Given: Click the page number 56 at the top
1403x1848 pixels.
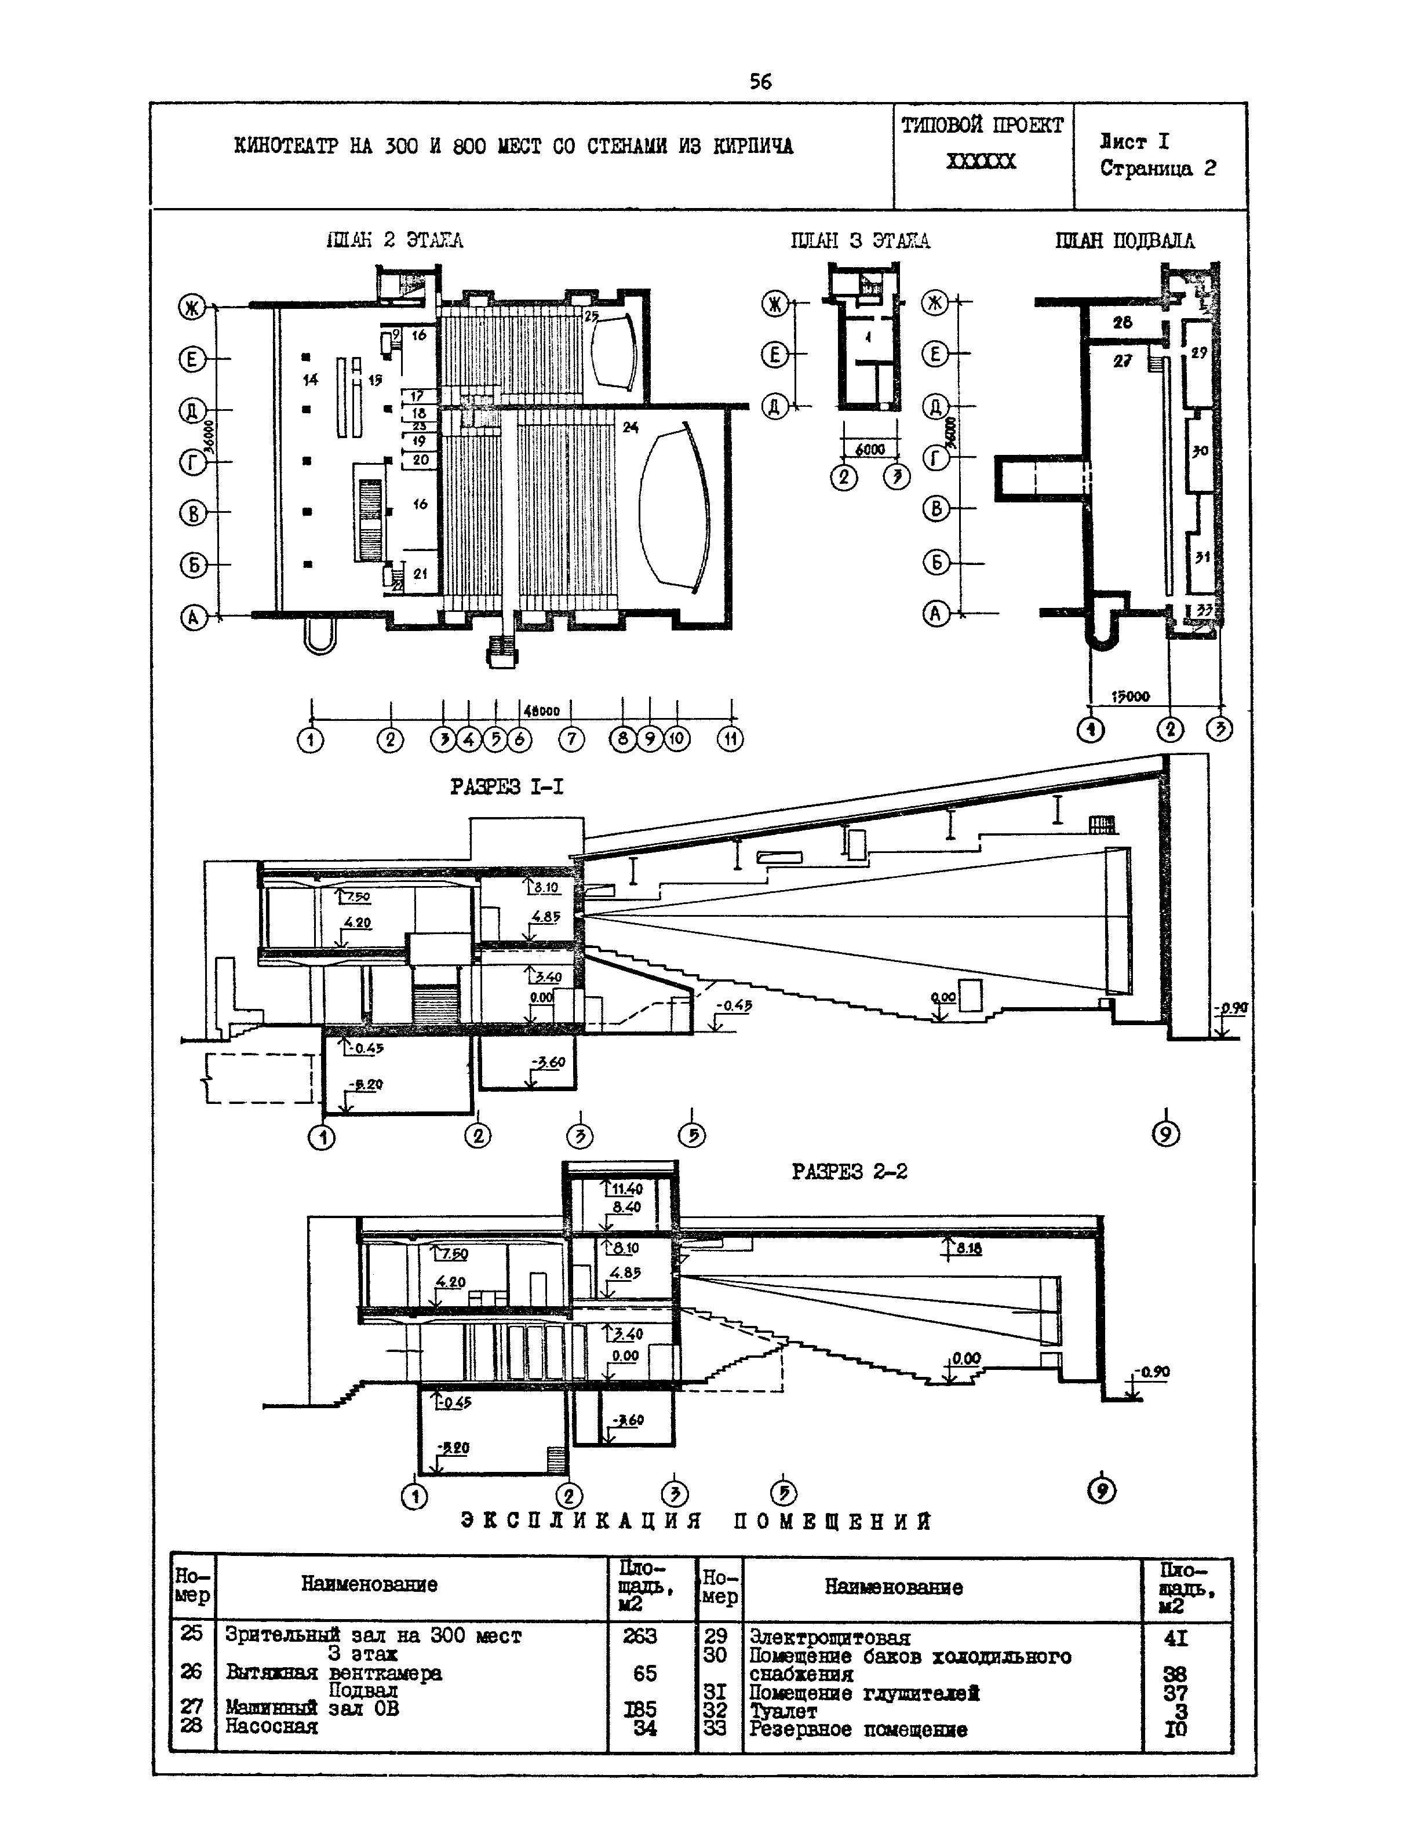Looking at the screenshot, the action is [760, 81].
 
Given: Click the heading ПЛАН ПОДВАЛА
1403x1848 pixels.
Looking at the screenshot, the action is [1125, 240].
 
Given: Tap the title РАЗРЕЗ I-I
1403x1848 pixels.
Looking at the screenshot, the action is [506, 787].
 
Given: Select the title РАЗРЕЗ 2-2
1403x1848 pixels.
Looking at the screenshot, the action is [849, 1171].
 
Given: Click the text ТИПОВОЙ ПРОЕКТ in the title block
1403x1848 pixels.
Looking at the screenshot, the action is [982, 125].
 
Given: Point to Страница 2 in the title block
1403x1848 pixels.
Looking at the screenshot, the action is [1157, 168].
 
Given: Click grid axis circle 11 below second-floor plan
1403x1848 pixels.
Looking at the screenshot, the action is [730, 739].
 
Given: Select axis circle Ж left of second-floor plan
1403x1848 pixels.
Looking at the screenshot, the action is [192, 308].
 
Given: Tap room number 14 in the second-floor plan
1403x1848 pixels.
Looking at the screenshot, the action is [310, 380].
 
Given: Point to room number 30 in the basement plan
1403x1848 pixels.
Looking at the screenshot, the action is [1200, 450].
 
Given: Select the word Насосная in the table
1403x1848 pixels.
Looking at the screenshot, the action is [272, 1726].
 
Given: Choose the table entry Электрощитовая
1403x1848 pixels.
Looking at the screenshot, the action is [829, 1638].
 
